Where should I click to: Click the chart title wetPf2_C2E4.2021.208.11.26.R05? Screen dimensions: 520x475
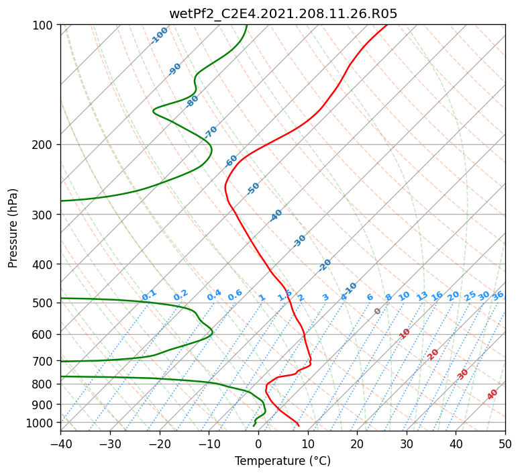(x=283, y=14)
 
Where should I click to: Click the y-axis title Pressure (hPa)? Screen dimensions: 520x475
(x=13, y=228)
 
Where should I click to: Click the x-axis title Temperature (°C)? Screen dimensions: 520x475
(x=283, y=461)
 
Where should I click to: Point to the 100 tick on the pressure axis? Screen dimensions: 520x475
(x=43, y=25)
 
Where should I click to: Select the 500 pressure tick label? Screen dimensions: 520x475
(x=43, y=303)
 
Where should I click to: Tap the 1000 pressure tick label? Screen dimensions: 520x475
(x=40, y=423)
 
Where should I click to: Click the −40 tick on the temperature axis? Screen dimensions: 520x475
(x=60, y=443)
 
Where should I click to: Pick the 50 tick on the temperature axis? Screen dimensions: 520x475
(x=505, y=443)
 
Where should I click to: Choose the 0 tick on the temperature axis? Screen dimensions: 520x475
(x=258, y=443)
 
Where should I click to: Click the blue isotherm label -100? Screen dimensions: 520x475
(x=159, y=36)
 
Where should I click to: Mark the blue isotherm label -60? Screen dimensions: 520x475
(x=231, y=161)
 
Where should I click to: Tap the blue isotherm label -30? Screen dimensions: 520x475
(x=299, y=241)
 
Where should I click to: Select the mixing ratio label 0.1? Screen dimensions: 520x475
(x=149, y=295)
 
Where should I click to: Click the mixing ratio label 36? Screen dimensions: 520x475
(x=498, y=296)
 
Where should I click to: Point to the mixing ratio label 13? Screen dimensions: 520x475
(x=422, y=296)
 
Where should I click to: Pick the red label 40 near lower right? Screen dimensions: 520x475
(x=492, y=394)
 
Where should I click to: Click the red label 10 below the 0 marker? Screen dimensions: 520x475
(x=405, y=333)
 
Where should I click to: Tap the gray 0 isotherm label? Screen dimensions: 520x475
(x=377, y=311)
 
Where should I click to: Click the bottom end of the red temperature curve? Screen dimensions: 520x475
(x=299, y=425)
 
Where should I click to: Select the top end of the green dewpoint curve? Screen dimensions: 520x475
(x=247, y=25)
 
